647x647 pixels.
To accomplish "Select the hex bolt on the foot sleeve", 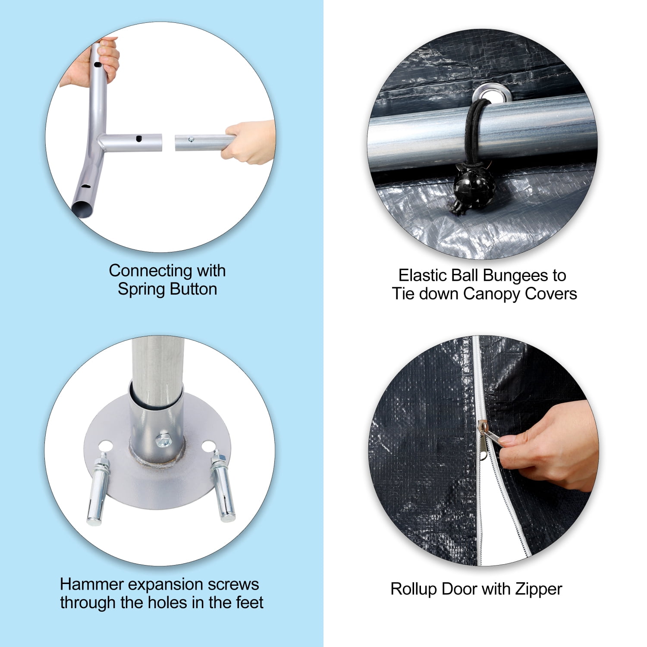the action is tap(163, 440).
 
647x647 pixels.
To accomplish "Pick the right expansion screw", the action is tap(223, 486).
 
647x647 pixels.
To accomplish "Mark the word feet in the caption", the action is tap(249, 603).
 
